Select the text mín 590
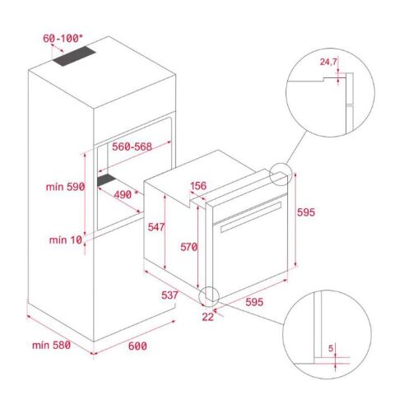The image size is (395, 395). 64,188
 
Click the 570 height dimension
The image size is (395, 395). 188,246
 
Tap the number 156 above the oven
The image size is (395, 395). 198,186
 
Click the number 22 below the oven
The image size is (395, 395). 207,316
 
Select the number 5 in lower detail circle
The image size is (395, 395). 330,349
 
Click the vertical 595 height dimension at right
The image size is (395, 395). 305,212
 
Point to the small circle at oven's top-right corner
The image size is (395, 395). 279,175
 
